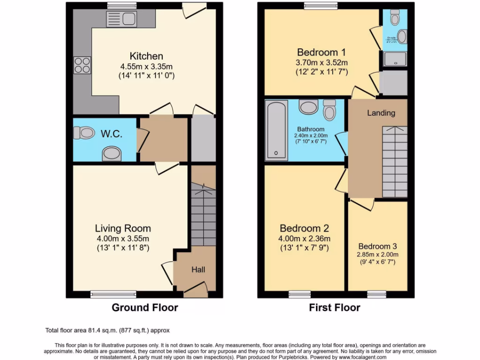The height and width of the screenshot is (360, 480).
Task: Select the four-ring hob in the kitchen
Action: point(82,65)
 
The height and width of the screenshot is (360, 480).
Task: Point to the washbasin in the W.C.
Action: point(112,152)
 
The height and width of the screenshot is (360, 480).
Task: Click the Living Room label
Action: point(123,228)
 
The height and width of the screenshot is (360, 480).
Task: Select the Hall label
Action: point(198,270)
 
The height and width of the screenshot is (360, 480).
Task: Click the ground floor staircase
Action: point(202,216)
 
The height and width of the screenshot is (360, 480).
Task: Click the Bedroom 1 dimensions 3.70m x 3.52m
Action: point(321,62)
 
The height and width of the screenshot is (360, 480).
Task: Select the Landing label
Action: point(381,112)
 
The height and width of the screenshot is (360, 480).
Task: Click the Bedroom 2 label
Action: point(304,228)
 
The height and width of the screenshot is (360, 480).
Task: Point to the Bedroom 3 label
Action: point(377,246)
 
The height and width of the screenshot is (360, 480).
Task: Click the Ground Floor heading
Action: point(144,308)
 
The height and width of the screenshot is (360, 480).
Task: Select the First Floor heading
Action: point(334,308)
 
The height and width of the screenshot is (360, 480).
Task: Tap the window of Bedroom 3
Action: point(376,294)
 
